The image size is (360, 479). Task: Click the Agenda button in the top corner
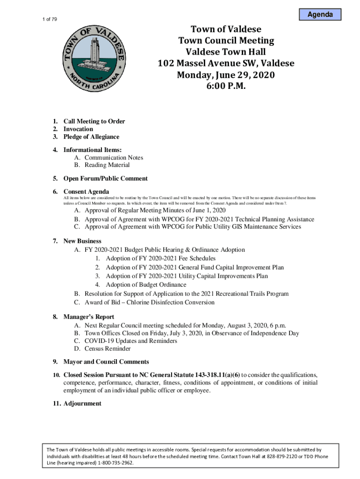(320, 15)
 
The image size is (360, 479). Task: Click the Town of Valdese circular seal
(94, 58)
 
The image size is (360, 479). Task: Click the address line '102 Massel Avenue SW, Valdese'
(226, 64)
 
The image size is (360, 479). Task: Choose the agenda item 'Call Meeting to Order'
(94, 122)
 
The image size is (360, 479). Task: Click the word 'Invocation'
(78, 129)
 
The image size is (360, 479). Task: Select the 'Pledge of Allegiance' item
(91, 137)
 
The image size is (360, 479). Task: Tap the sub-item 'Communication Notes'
(114, 158)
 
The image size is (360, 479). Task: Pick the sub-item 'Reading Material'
(107, 165)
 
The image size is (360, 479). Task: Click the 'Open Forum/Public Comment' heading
(105, 179)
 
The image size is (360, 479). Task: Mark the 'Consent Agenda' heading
(86, 192)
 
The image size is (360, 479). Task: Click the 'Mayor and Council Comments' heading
(106, 362)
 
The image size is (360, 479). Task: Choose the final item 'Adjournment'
(82, 404)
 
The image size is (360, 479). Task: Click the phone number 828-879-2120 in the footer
(272, 456)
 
